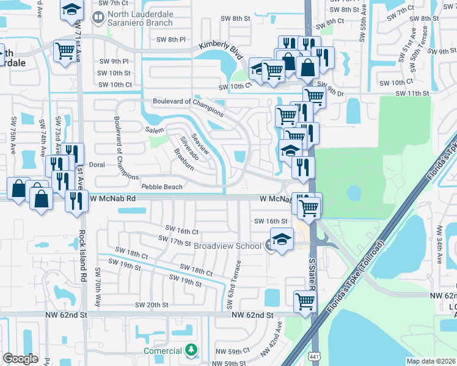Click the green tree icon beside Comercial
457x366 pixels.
click(192, 350)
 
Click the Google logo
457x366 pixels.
click(21, 359)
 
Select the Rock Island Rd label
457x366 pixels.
click(82, 254)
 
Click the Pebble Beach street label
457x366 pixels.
click(162, 187)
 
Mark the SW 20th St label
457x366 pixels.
click(152, 305)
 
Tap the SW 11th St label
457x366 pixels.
click(412, 93)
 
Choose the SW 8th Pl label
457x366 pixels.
click(171, 40)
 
